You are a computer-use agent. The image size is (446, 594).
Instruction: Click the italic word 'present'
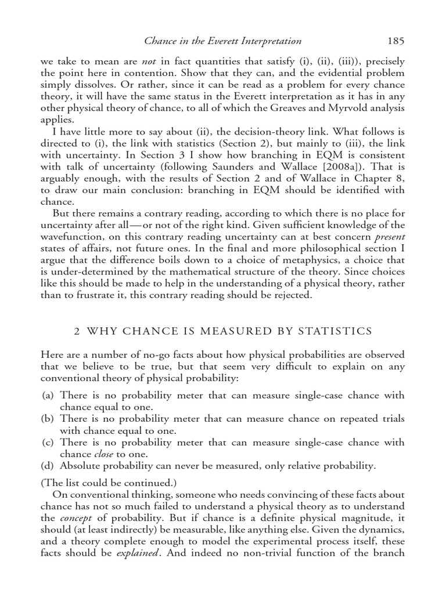click(389, 237)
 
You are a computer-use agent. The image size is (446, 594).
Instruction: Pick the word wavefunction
click(73, 237)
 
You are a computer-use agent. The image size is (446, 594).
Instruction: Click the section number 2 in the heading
click(76, 331)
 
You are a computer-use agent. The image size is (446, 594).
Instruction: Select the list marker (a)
click(49, 395)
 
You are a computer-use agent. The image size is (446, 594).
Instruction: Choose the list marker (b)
click(49, 419)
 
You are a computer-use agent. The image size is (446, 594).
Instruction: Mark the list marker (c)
click(49, 443)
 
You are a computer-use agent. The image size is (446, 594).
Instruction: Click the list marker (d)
click(49, 466)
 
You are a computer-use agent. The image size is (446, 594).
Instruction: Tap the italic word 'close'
click(103, 454)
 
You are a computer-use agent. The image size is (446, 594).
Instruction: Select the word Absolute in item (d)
click(83, 466)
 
